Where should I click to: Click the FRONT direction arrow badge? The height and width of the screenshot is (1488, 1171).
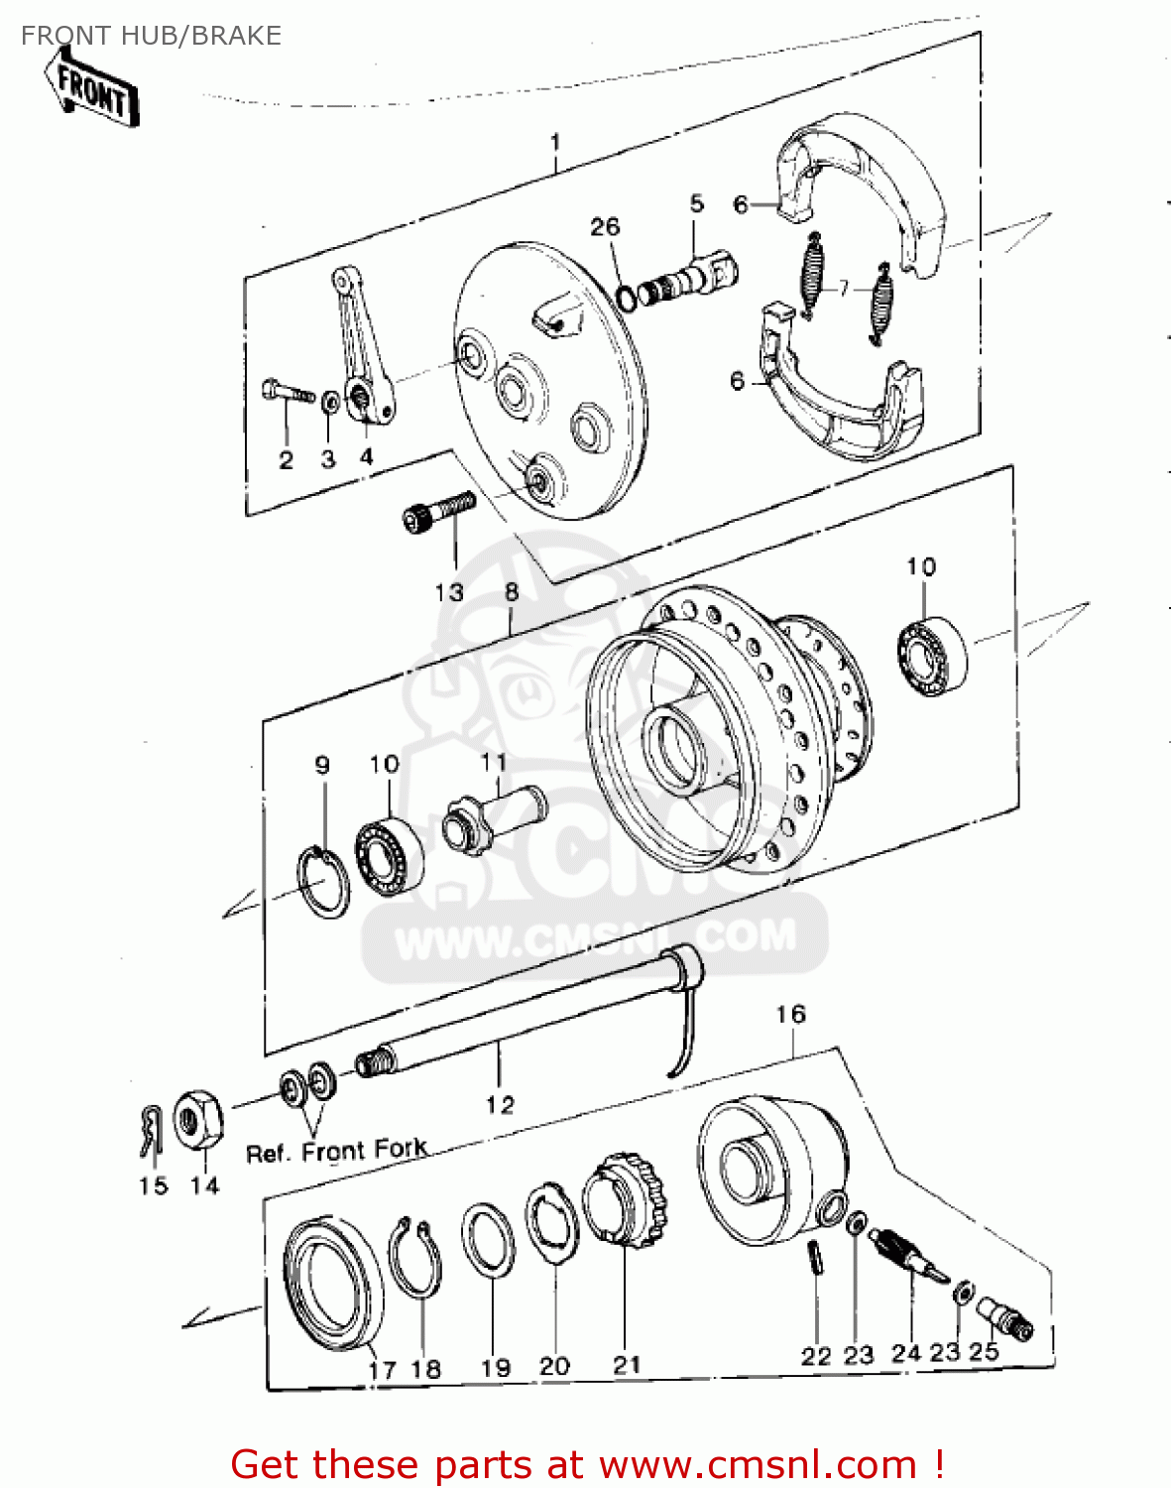[x=92, y=90]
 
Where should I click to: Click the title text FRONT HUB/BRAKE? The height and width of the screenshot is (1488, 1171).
[x=151, y=36]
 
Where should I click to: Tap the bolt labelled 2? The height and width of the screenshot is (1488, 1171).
[x=286, y=392]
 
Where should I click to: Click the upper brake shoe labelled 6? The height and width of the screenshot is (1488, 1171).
[x=863, y=188]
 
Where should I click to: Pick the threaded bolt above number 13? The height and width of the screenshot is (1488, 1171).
[x=438, y=512]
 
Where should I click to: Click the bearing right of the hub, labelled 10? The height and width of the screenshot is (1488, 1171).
[x=932, y=656]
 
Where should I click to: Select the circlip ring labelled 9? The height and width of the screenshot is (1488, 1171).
[x=323, y=882]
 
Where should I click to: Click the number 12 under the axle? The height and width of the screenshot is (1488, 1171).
[x=500, y=1104]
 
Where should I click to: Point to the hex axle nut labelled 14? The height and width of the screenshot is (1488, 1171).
[x=198, y=1121]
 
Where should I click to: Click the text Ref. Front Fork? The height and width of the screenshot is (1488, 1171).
[x=336, y=1152]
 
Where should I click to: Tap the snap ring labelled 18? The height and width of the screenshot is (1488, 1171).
[x=415, y=1260]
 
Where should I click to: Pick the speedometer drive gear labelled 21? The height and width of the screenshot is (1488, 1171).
[x=626, y=1201]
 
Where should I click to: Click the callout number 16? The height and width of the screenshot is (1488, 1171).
[x=790, y=1014]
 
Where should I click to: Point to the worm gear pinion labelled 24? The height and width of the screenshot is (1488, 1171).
[x=907, y=1255]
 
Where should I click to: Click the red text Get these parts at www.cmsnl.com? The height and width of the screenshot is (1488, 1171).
[x=586, y=1464]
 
